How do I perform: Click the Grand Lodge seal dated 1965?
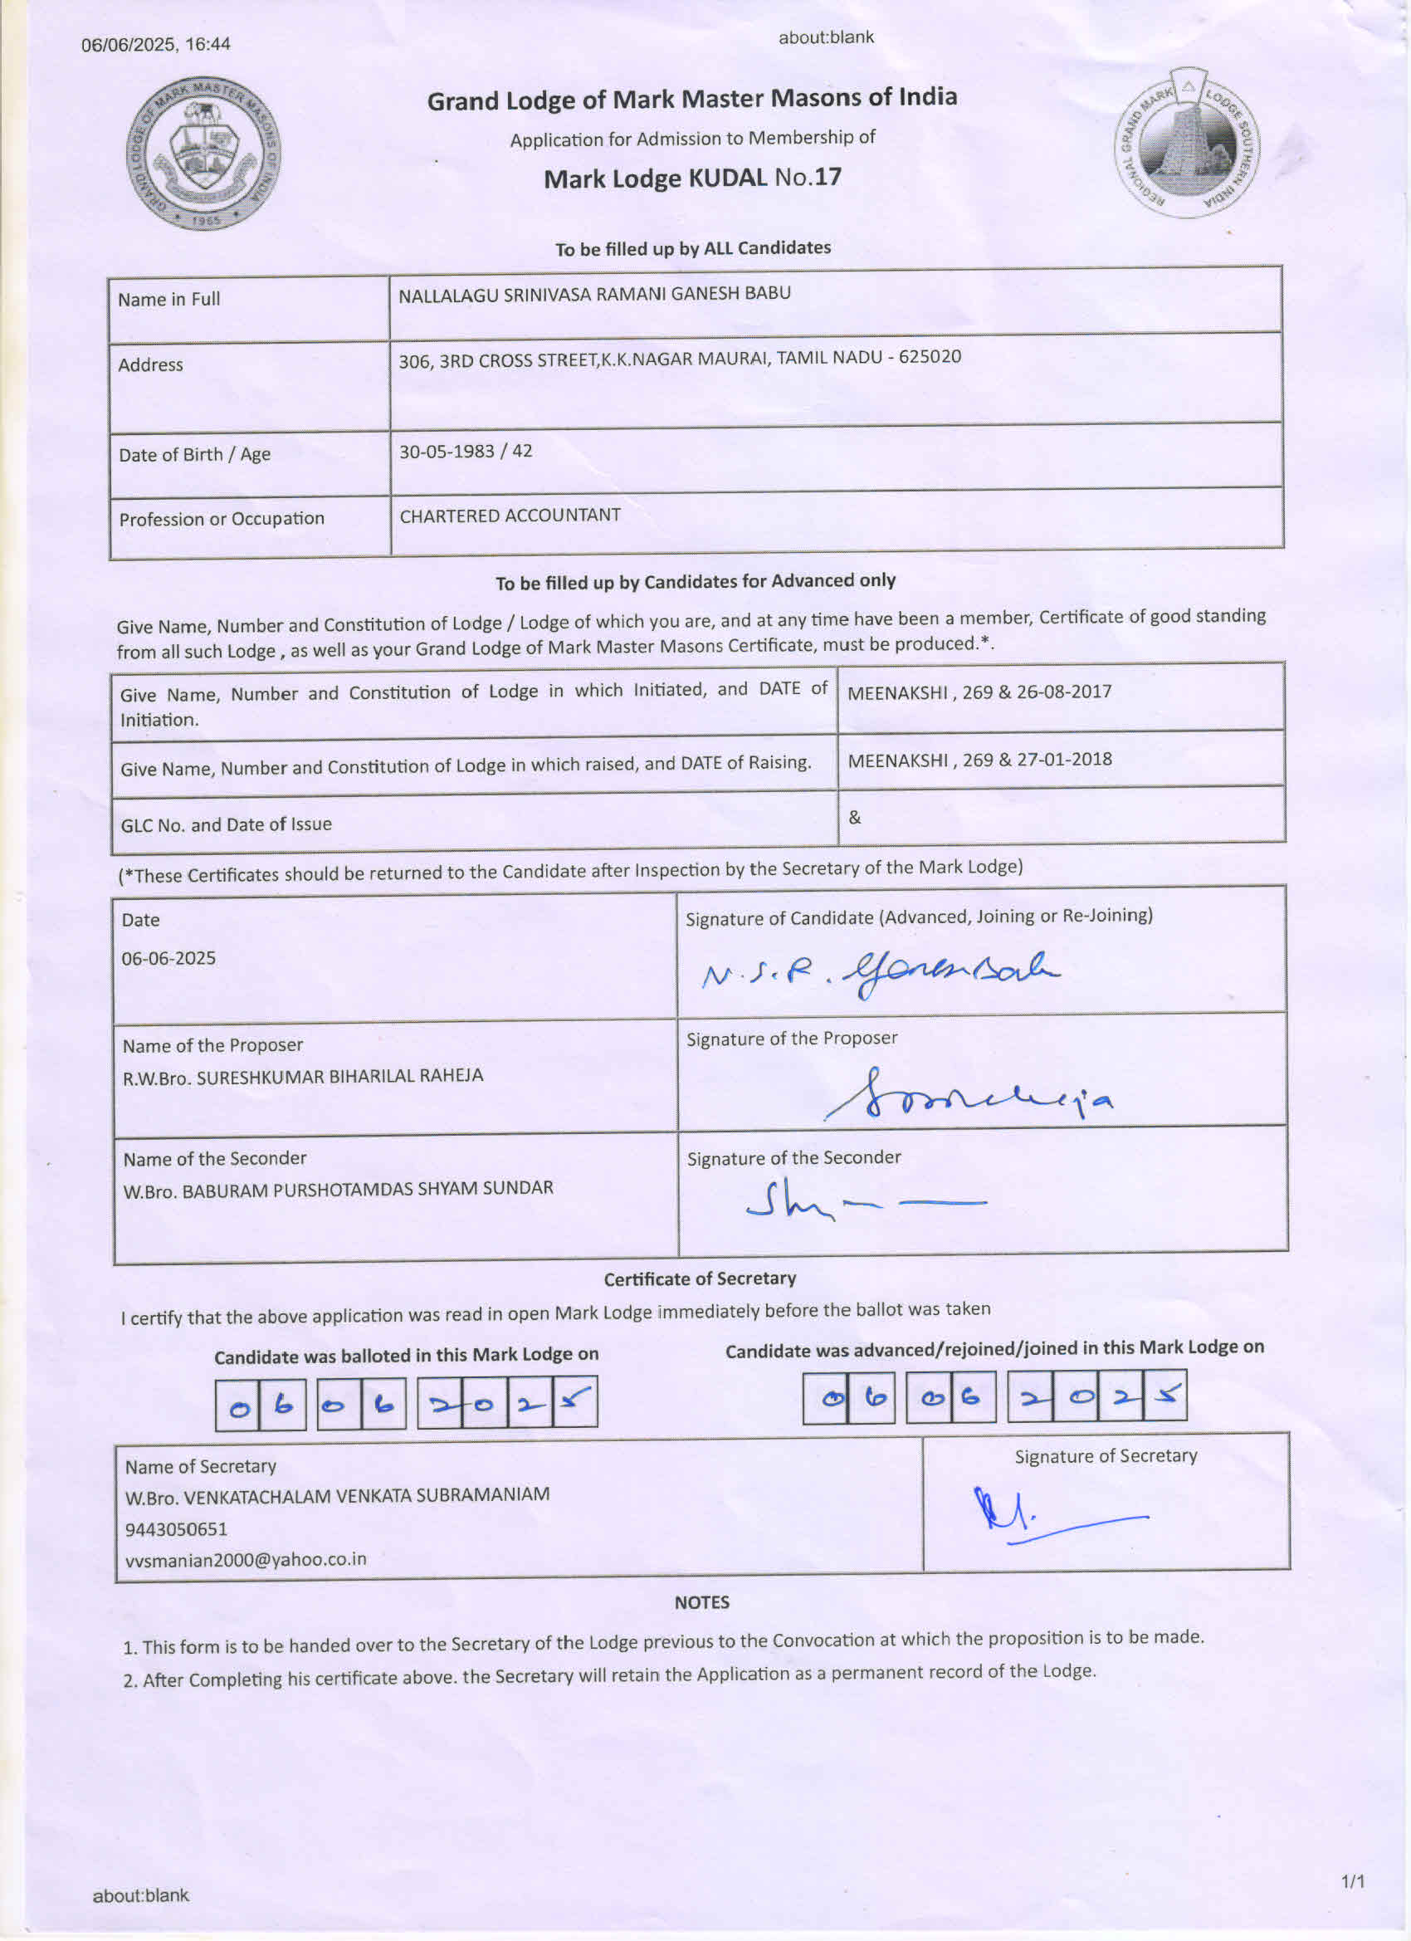coord(203,154)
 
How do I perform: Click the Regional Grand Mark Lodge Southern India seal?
coord(1188,144)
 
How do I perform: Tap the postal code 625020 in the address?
coord(930,356)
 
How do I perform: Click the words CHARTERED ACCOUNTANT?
coord(510,516)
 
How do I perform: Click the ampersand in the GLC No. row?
coord(854,817)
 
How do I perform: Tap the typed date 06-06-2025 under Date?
coord(168,958)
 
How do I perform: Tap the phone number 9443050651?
coord(176,1528)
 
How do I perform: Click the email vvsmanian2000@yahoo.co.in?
coord(246,1559)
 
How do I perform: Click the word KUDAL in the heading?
coord(727,178)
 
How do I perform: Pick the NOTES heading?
coord(701,1602)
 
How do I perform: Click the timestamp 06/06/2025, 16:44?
coord(156,45)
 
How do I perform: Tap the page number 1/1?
coord(1353,1880)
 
